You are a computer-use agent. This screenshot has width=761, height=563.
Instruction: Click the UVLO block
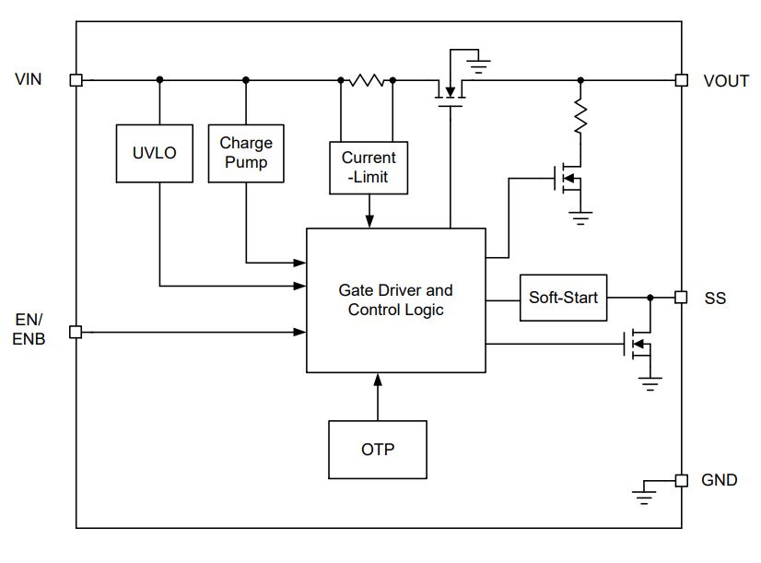[155, 153]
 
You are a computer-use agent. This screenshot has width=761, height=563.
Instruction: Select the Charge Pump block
[246, 153]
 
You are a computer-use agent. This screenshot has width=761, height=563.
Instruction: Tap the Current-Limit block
[369, 168]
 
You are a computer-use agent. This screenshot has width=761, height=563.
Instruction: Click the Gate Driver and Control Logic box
[396, 300]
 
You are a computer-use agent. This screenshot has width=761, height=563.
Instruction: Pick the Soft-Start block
[564, 298]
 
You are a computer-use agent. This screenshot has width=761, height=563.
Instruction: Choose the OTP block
[378, 450]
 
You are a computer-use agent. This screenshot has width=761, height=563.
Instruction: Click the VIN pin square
[76, 80]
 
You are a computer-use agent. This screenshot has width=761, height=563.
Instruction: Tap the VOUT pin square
[682, 80]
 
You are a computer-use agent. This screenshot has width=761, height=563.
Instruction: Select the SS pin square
[681, 297]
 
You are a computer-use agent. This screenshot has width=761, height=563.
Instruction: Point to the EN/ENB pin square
[76, 332]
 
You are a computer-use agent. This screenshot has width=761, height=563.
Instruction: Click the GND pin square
[682, 480]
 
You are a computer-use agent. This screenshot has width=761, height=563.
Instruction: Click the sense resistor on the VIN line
[367, 80]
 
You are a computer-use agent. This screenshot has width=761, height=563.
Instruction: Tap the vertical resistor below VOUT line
[580, 116]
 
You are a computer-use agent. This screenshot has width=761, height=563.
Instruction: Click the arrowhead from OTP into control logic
[378, 380]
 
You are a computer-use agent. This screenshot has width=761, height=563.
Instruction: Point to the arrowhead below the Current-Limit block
[369, 221]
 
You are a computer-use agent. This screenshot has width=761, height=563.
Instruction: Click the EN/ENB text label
[29, 329]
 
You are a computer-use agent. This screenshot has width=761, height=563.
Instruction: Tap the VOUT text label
[726, 81]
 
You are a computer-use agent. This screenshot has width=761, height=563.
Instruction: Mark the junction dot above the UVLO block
[159, 80]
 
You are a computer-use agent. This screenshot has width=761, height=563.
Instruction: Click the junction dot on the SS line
[650, 298]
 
